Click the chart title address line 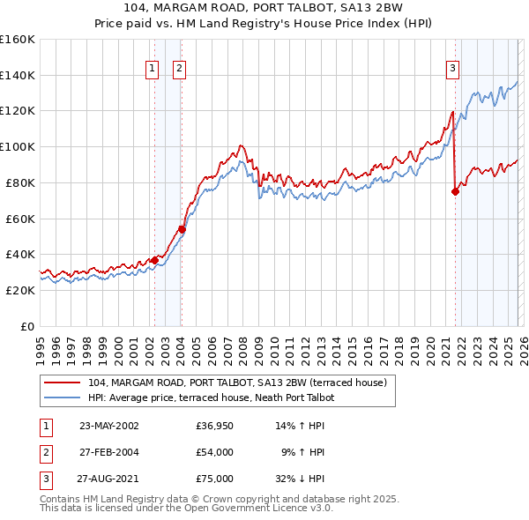click(x=264, y=9)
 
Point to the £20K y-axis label click(x=19, y=290)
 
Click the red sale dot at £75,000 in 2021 click(x=456, y=191)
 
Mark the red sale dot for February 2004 click(x=182, y=229)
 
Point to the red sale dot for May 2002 click(x=154, y=260)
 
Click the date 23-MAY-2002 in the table click(x=108, y=426)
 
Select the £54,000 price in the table click(x=214, y=452)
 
